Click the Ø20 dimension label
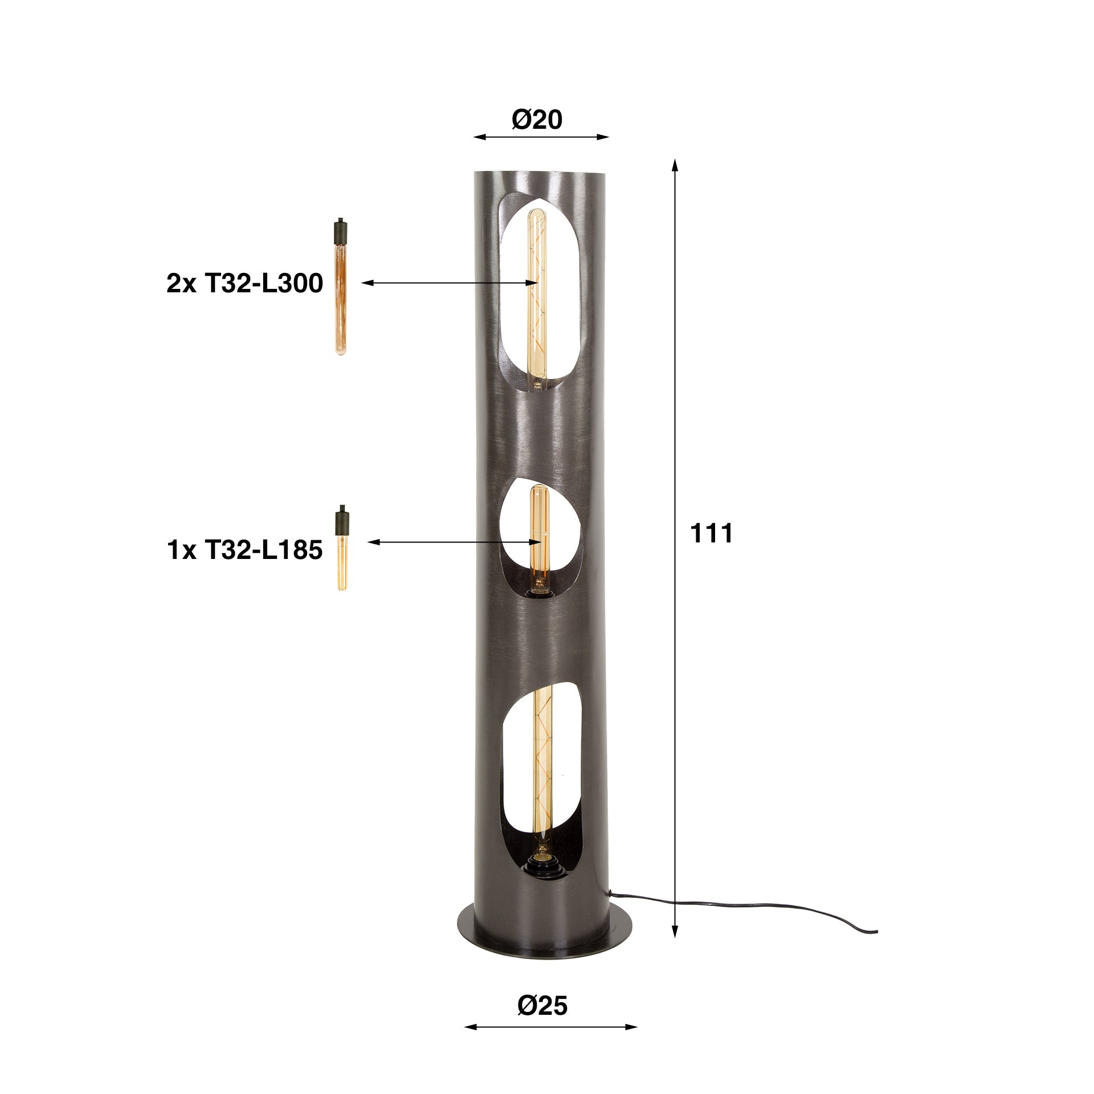pos(537,120)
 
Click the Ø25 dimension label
pos(542,1006)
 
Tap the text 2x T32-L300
pos(244,284)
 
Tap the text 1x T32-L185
pos(245,551)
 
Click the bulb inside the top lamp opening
pos(536,296)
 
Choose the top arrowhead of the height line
pos(675,165)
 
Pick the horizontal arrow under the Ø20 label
pos(541,137)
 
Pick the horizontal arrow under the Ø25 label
pos(550,1027)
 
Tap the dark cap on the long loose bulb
pos(340,228)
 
